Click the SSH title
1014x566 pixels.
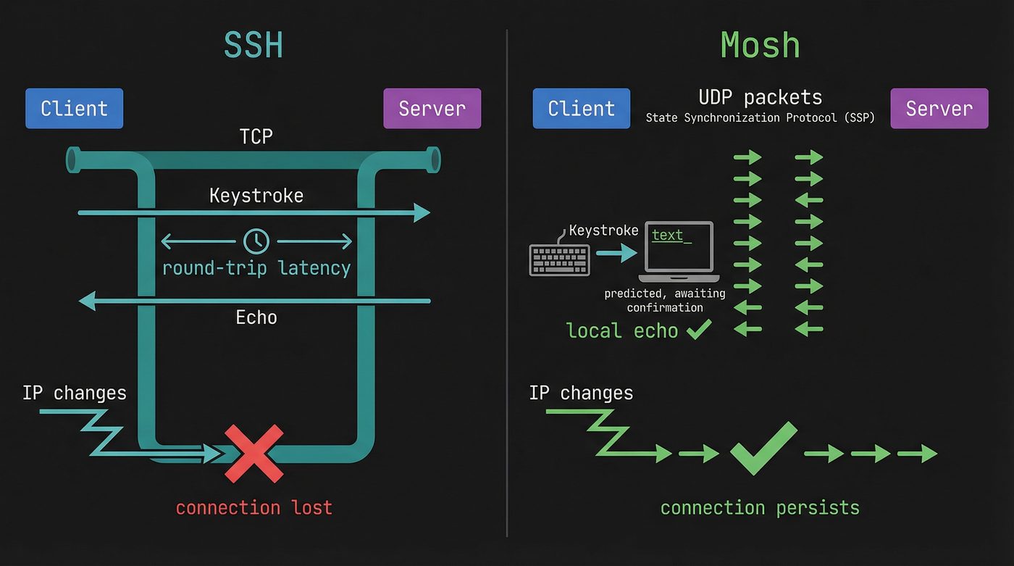point(253,45)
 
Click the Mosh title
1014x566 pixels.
point(760,45)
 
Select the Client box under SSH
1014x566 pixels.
point(74,109)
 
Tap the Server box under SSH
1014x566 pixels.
point(432,109)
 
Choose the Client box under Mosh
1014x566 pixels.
point(581,109)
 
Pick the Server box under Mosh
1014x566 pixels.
point(939,109)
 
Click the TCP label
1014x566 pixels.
point(256,136)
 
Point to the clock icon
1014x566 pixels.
point(256,241)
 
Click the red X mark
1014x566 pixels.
point(253,454)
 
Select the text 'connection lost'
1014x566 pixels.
point(253,507)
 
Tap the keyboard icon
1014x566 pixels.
point(559,259)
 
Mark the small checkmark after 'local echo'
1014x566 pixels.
point(698,330)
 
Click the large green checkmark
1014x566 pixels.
point(763,448)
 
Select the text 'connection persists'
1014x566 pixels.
point(760,507)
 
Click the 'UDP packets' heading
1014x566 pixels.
point(760,97)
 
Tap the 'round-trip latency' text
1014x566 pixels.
point(256,268)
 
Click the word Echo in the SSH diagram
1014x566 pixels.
point(256,317)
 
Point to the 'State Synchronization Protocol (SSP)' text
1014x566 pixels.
point(760,117)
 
